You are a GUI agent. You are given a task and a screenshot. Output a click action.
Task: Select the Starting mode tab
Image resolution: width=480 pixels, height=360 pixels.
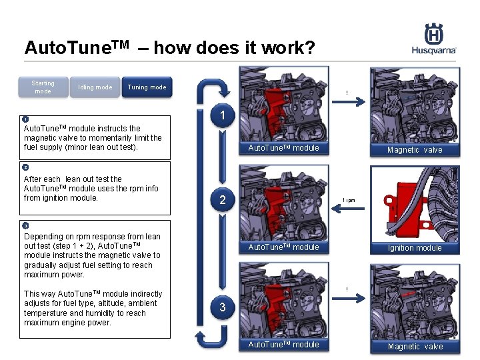[43, 87]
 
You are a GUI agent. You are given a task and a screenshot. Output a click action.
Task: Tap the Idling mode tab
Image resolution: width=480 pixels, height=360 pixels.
[95, 87]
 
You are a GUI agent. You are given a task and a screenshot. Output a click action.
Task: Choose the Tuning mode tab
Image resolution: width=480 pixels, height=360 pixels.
[147, 87]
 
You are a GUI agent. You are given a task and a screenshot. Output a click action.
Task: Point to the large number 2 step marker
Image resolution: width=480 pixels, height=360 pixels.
[223, 200]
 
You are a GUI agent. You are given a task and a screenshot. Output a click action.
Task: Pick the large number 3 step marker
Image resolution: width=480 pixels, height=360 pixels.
[223, 307]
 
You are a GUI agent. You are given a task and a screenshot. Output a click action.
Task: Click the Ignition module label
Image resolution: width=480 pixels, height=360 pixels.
[415, 248]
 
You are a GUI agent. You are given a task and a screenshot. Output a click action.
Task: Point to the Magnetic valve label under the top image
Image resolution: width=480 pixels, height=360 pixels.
[415, 150]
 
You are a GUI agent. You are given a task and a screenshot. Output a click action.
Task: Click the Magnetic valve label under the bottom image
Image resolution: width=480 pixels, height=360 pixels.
[415, 347]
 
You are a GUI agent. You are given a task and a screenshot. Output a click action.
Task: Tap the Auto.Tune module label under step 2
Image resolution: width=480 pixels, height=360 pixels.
[283, 247]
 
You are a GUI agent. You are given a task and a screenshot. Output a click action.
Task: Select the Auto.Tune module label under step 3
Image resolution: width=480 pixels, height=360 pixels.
[283, 345]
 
